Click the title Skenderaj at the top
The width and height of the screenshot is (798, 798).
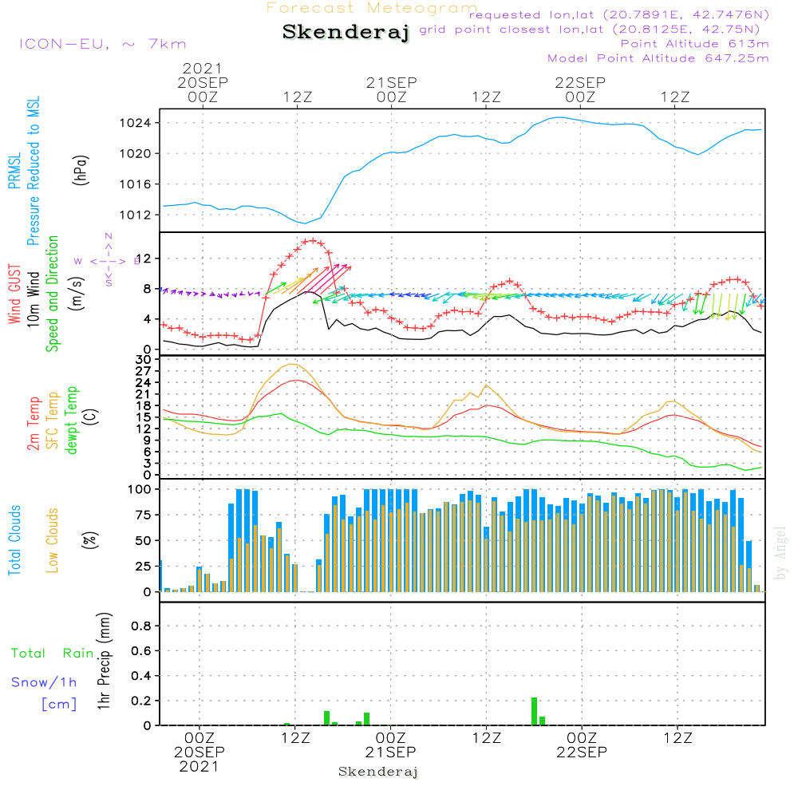(x=346, y=33)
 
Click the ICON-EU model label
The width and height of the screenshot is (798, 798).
(x=102, y=44)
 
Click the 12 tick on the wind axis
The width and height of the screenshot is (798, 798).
(x=145, y=259)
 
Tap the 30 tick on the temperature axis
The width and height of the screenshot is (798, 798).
(x=145, y=360)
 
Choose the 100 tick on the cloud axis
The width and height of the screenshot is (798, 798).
(x=140, y=489)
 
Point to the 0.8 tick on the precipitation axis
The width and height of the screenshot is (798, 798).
(x=142, y=626)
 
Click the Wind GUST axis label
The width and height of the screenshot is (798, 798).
(x=14, y=294)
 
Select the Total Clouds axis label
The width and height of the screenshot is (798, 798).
(x=14, y=540)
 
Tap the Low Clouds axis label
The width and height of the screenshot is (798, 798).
(x=53, y=540)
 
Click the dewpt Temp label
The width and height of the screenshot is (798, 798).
(x=72, y=421)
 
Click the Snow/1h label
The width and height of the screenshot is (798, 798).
(x=45, y=683)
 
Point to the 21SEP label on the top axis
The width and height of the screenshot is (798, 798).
(x=392, y=82)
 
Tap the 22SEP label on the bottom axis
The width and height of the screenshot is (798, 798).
(x=582, y=753)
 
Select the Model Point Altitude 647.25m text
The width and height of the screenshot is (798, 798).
(x=658, y=58)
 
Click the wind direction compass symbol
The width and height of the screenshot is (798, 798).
(x=109, y=260)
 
